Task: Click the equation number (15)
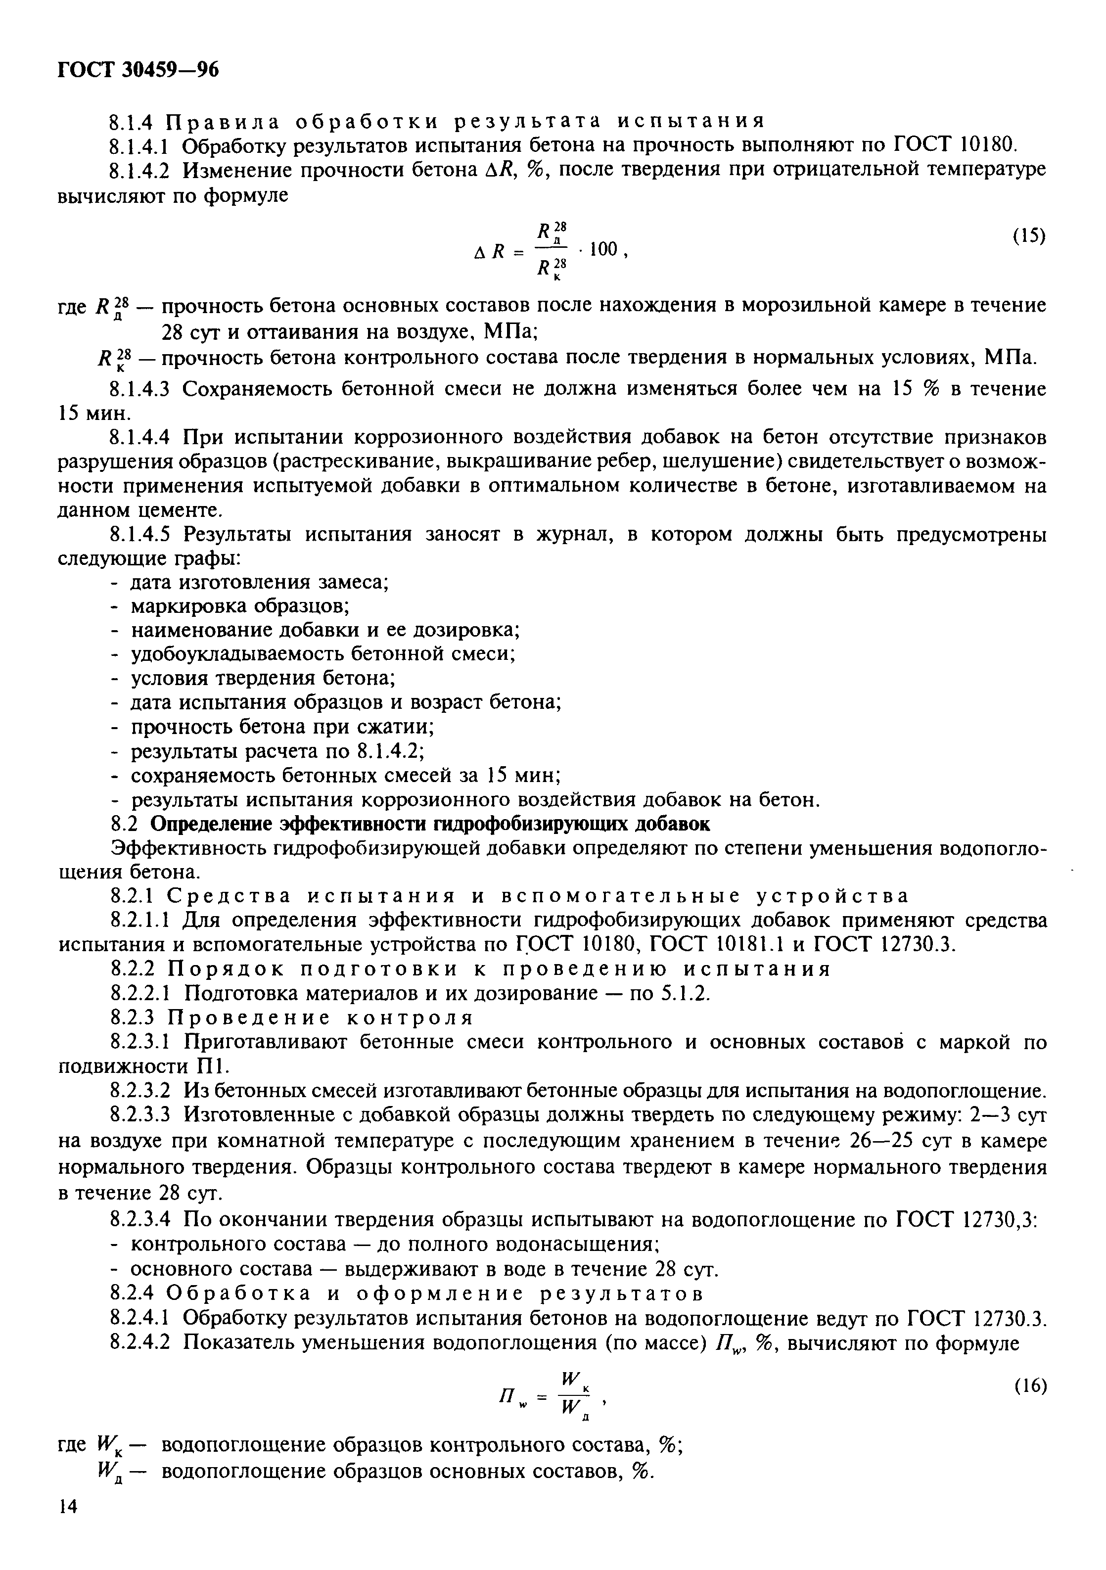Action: (x=1028, y=236)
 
